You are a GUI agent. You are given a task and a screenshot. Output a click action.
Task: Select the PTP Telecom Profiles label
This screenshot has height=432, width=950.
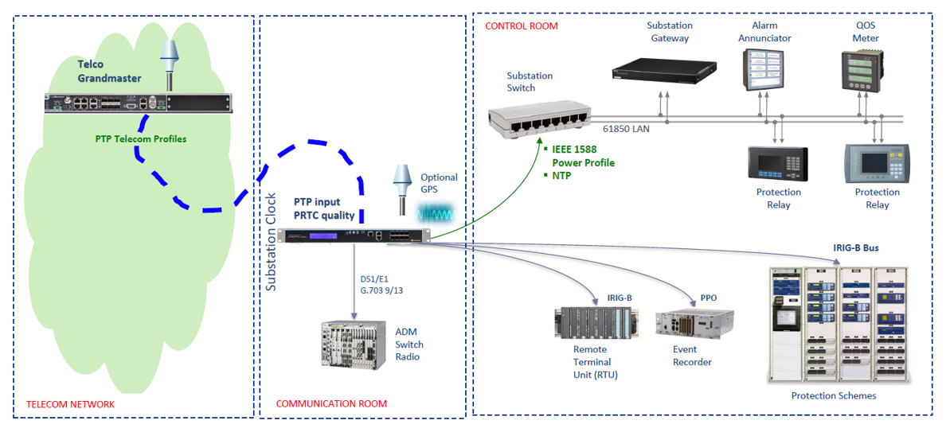[x=140, y=139]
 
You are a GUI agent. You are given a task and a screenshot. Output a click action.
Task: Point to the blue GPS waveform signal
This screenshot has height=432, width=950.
[x=437, y=214]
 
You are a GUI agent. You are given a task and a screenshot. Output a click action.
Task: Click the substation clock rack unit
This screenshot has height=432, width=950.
[x=354, y=235]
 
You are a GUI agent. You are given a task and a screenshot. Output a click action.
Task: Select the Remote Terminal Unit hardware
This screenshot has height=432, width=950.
[x=594, y=324]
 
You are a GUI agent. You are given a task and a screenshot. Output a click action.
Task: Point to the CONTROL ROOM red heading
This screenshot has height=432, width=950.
[x=521, y=26]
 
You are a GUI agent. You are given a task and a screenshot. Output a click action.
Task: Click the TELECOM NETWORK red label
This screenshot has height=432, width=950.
[x=70, y=405]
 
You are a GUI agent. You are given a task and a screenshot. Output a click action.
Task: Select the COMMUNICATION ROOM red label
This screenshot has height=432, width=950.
[x=331, y=404]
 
